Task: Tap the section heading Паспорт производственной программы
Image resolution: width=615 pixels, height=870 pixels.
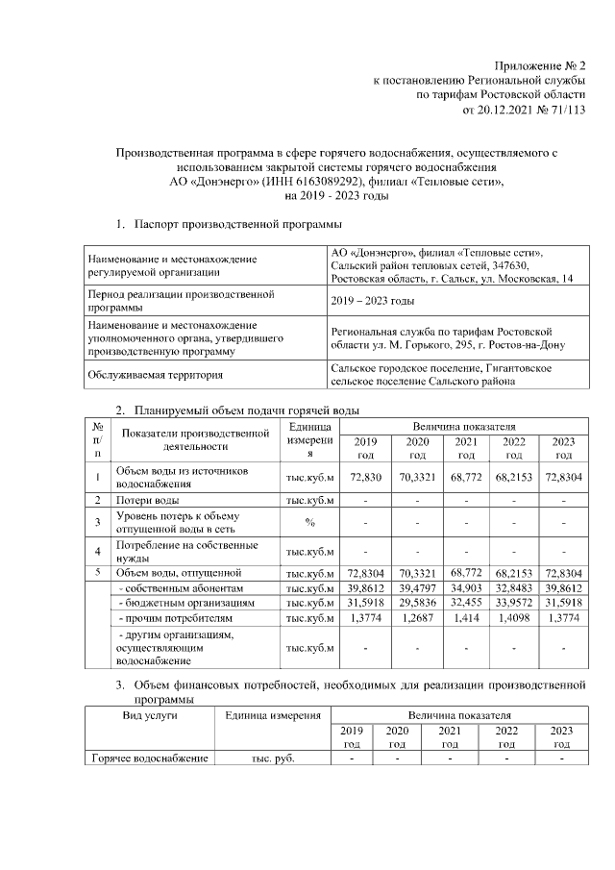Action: (x=236, y=224)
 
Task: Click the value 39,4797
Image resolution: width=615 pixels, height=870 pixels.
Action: (x=417, y=587)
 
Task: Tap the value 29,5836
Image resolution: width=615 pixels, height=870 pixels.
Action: (x=417, y=602)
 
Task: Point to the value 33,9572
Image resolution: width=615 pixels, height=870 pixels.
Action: (x=514, y=602)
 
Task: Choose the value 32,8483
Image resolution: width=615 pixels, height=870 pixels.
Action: (x=514, y=587)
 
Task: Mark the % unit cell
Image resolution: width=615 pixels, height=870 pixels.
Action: (x=309, y=523)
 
